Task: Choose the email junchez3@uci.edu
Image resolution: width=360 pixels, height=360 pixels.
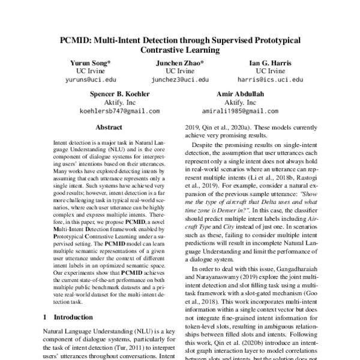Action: [180, 79]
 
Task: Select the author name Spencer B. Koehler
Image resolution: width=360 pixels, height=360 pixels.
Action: [120, 94]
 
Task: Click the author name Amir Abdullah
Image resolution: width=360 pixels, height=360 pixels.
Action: [239, 94]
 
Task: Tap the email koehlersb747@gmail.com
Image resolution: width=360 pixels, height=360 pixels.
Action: [120, 111]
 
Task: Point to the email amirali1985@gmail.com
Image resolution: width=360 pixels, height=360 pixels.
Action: [239, 111]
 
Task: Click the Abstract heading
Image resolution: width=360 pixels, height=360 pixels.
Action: [109, 127]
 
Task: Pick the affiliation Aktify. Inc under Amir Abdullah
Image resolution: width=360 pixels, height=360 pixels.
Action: [239, 103]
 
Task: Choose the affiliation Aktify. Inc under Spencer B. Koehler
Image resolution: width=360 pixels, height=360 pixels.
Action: [120, 103]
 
